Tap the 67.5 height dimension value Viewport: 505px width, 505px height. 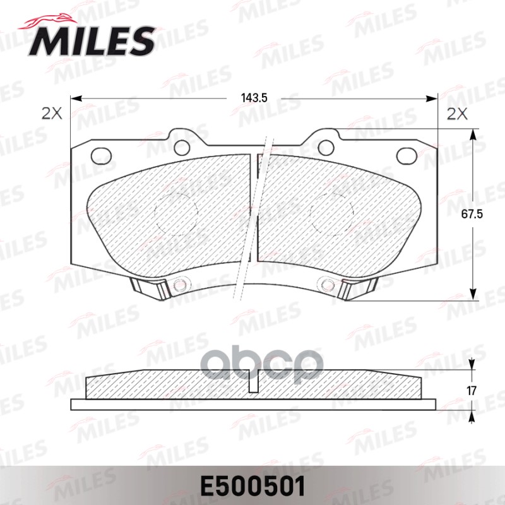tap(474, 214)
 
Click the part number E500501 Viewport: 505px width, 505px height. tap(252, 486)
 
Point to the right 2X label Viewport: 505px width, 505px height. tap(456, 114)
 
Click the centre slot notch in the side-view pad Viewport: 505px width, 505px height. tap(254, 384)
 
